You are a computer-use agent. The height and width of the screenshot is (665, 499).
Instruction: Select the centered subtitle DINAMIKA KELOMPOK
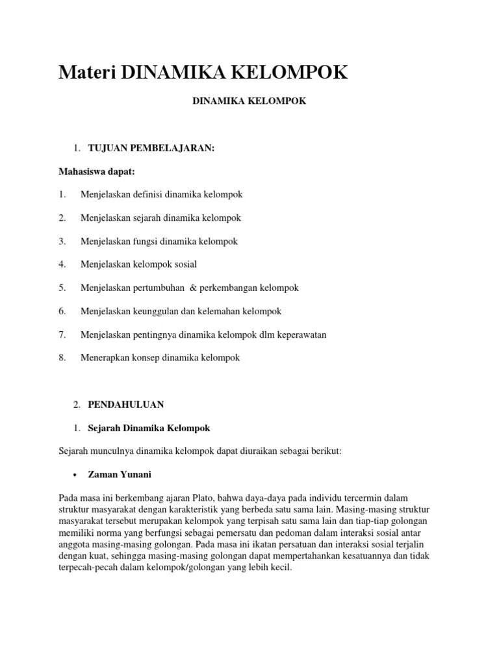tap(250, 101)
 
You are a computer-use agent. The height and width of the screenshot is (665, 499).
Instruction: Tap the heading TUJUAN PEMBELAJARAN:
tap(151, 149)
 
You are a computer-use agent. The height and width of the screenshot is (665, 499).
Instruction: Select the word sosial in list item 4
tap(184, 264)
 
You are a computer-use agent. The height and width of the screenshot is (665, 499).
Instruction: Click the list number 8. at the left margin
tap(62, 358)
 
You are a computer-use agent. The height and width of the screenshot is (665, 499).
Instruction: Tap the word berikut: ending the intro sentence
tap(335, 451)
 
